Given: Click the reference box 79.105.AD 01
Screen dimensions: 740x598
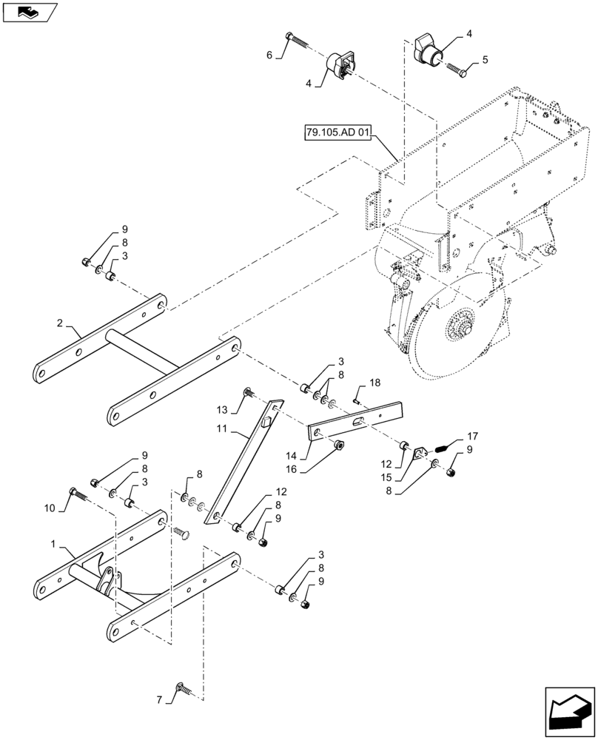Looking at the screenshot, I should pos(337,134).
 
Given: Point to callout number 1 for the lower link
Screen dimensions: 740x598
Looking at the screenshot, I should pos(53,545).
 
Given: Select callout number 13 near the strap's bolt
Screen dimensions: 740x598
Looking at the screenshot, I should pos(221,409).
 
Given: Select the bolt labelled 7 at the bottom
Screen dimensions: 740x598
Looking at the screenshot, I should pos(183,690).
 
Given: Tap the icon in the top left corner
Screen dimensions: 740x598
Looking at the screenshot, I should pos(28,12).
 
